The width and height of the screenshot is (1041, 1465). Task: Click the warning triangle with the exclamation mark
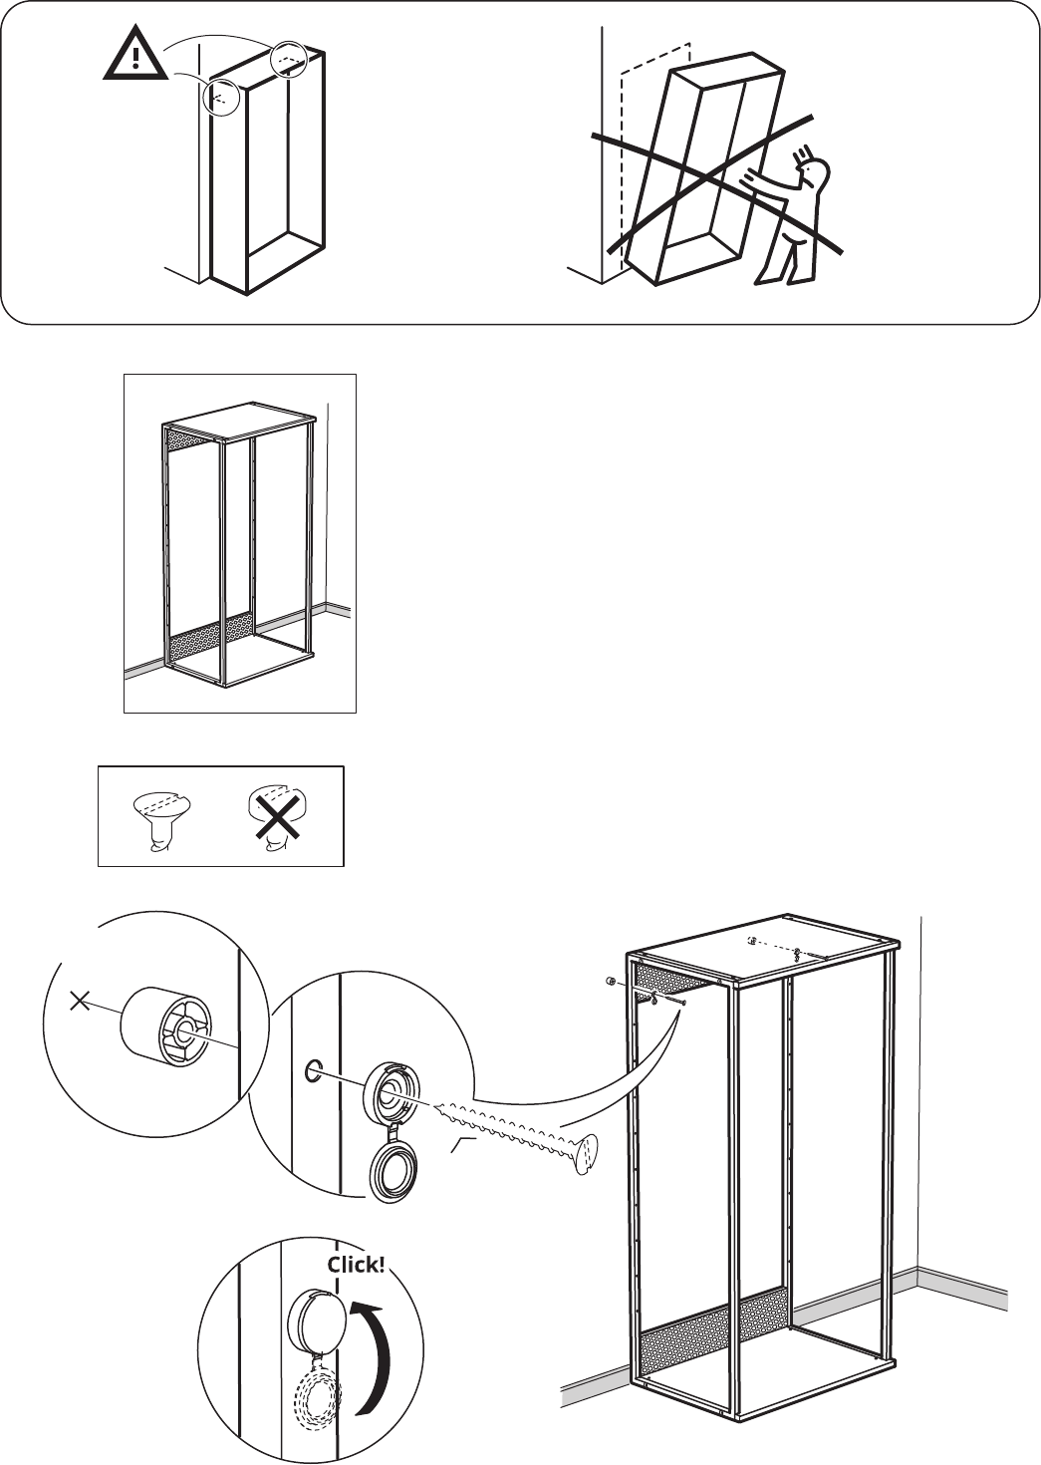pyautogui.click(x=135, y=55)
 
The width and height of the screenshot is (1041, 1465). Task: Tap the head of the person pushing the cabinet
pyautogui.click(x=815, y=173)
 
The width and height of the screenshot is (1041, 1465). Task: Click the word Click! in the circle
pyautogui.click(x=356, y=1264)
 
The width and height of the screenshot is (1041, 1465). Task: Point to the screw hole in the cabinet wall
pyautogui.click(x=313, y=1069)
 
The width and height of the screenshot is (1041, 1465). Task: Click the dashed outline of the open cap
pyautogui.click(x=319, y=1376)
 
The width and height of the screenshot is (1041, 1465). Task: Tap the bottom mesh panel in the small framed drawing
pyautogui.click(x=209, y=636)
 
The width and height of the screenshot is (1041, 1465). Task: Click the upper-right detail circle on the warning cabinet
pyautogui.click(x=288, y=59)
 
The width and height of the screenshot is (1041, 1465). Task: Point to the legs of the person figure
pyautogui.click(x=787, y=261)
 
